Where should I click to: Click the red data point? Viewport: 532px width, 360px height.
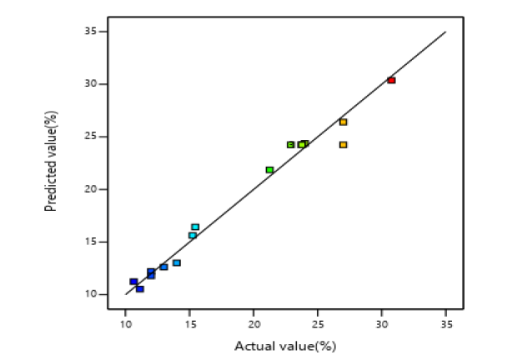391,80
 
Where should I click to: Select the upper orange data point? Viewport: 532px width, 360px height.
343,122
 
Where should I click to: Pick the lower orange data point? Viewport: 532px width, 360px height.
343,144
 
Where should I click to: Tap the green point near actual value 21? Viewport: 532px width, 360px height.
269,169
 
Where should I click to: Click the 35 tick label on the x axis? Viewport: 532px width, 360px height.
446,323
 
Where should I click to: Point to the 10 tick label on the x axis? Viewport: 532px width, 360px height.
125,323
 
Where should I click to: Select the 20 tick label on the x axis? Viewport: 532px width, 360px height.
253,323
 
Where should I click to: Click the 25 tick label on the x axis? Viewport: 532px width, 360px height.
318,323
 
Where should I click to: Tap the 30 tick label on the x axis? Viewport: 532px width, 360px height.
382,323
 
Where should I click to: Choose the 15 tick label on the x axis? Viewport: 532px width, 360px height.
189,323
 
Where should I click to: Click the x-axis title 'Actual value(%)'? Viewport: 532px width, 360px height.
285,345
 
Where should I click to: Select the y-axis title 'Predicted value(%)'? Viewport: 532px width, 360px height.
51,163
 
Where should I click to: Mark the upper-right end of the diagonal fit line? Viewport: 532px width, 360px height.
446,32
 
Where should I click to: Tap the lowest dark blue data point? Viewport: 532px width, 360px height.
139,289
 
